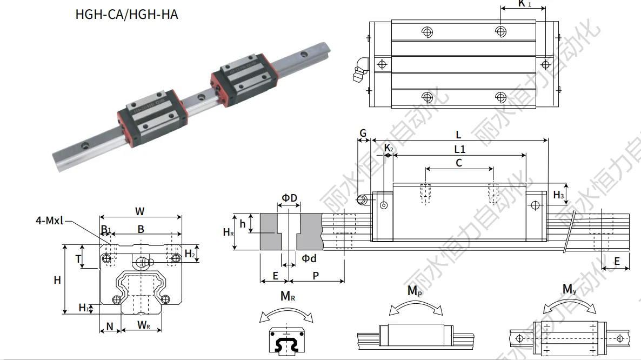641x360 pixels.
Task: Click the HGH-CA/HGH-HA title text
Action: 126,14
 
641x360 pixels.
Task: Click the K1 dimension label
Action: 524,4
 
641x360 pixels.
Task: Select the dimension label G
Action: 363,134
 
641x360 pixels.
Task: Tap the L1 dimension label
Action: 460,148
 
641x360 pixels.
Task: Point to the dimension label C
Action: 459,163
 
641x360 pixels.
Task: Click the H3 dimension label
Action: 559,195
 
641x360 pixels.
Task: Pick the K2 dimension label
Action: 389,147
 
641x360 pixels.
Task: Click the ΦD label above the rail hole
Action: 290,198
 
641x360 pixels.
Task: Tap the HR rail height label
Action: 229,232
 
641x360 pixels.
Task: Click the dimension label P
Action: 316,276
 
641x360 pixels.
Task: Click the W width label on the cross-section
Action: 140,211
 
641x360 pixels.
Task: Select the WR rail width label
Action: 143,325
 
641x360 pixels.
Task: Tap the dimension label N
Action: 110,326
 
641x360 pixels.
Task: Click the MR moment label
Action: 288,296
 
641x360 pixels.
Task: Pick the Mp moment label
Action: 415,291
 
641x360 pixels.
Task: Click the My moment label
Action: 569,290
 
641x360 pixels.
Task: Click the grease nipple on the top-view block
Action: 359,73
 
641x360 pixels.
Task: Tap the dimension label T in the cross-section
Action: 78,259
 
